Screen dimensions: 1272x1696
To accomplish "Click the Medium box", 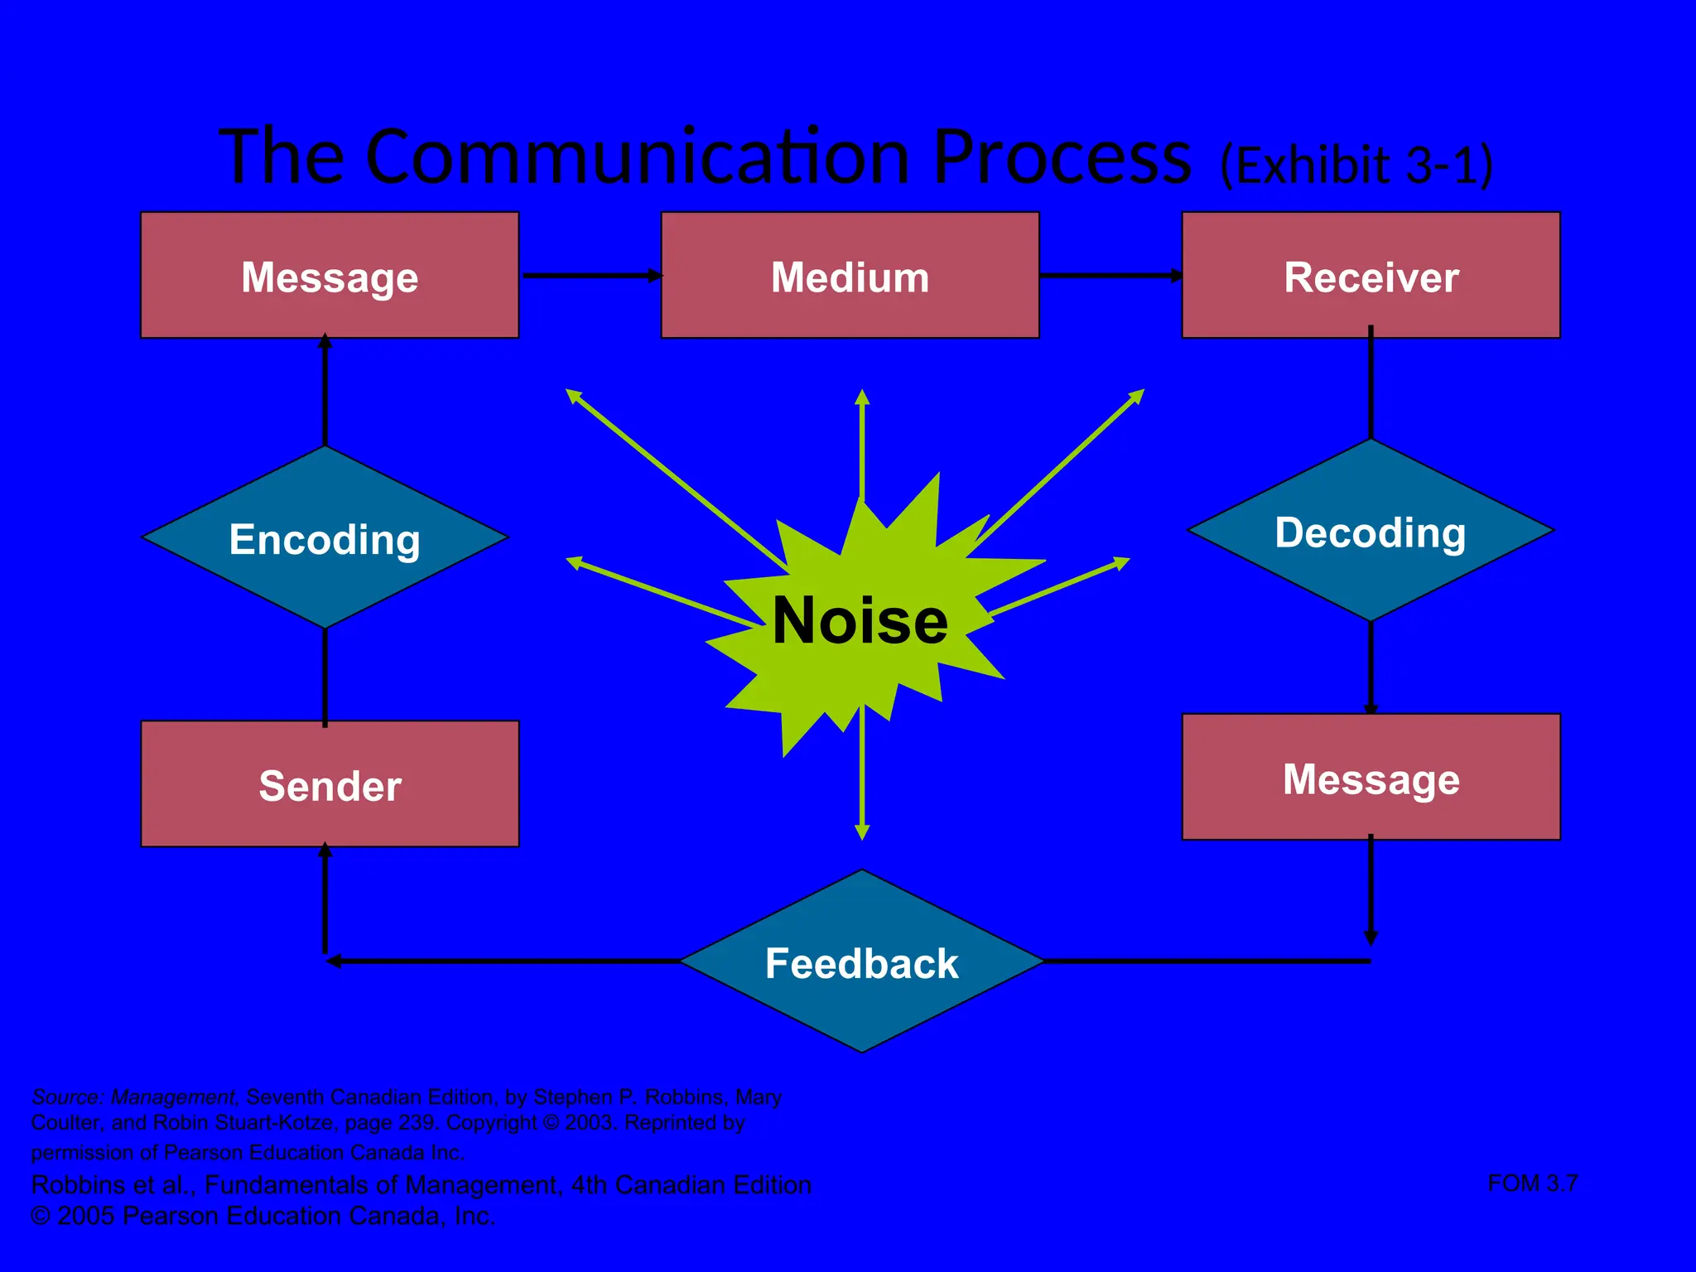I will pyautogui.click(x=850, y=276).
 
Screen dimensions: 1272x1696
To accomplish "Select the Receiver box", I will pyautogui.click(x=1371, y=276).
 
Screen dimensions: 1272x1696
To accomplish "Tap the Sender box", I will pyautogui.click(x=330, y=784).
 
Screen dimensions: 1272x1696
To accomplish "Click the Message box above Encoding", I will pyautogui.click(x=330, y=276).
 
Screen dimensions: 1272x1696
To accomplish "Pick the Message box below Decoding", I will pyautogui.click(x=1371, y=778).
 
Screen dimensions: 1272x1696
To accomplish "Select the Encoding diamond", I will pyautogui.click(x=325, y=538).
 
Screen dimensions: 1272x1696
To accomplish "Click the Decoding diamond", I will pyautogui.click(x=1371, y=531).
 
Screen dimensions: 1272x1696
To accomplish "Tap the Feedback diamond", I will pyautogui.click(x=861, y=962).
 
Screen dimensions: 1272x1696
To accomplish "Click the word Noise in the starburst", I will pyautogui.click(x=860, y=621).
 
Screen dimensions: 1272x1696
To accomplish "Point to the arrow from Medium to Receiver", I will pyautogui.click(x=1110, y=275).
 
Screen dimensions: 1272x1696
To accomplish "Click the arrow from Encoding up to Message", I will pyautogui.click(x=325, y=389).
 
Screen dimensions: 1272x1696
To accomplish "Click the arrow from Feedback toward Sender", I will pyautogui.click(x=497, y=961).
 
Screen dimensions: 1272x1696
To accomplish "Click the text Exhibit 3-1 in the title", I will pyautogui.click(x=1356, y=165).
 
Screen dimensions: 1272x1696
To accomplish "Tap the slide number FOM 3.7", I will pyautogui.click(x=1532, y=1183).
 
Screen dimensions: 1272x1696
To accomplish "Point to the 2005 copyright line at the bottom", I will pyautogui.click(x=263, y=1216).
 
